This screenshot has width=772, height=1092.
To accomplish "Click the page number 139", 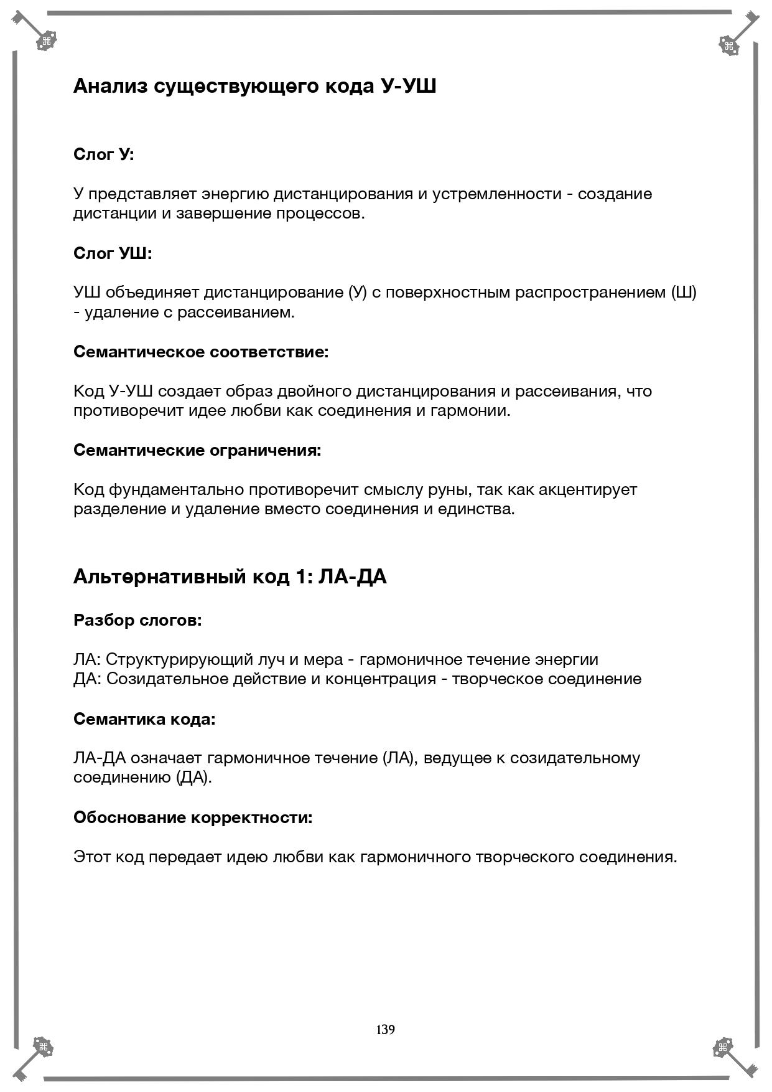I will coord(385,1029).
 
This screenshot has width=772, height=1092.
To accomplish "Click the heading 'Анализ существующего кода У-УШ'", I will coord(254,86).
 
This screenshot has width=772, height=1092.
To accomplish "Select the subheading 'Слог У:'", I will coord(103,154).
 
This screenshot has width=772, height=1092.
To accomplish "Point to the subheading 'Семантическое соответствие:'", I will coord(201,351).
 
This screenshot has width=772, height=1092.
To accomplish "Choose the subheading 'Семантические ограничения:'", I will coord(197,450).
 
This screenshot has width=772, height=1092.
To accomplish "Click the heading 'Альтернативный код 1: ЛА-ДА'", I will coord(230,577).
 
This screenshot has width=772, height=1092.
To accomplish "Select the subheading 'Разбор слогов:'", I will coord(137,620).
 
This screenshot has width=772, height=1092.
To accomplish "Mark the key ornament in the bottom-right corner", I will coord(735,1056).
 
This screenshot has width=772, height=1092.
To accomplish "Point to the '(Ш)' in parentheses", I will coord(684,292).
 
